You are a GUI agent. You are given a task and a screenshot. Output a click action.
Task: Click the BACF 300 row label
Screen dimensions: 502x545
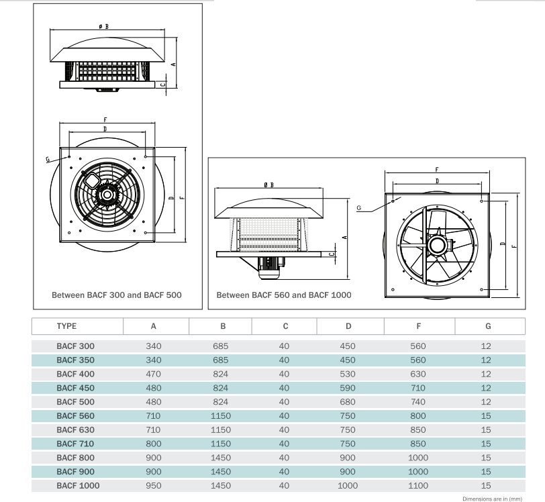(x=75, y=346)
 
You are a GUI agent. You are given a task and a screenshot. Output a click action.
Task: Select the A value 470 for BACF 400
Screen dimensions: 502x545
(x=153, y=374)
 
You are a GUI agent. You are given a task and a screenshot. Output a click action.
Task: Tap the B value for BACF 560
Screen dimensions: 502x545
(x=220, y=416)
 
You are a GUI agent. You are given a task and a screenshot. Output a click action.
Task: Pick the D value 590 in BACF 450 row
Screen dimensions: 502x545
(x=348, y=388)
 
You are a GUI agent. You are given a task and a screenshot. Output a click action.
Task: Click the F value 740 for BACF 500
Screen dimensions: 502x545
(x=419, y=402)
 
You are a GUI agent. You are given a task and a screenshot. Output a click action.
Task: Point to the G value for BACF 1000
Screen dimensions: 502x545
(x=486, y=486)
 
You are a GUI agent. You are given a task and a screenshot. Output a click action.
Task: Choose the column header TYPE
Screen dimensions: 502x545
(x=66, y=326)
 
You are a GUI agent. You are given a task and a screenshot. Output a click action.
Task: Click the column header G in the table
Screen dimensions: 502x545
(x=488, y=326)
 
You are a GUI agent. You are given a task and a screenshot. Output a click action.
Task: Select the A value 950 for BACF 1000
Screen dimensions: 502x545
(x=153, y=486)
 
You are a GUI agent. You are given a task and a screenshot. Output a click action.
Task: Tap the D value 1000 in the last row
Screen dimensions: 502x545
(x=348, y=486)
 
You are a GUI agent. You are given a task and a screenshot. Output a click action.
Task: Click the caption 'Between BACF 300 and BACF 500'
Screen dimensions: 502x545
(x=117, y=295)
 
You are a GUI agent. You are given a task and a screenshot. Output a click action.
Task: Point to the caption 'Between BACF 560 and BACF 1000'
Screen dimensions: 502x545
(x=284, y=295)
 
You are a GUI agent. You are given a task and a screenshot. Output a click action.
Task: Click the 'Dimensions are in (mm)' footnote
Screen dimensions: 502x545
(x=492, y=499)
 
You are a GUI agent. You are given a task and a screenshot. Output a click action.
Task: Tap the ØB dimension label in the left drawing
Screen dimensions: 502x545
(x=103, y=26)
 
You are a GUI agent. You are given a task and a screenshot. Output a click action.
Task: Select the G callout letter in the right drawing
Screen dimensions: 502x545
(x=359, y=208)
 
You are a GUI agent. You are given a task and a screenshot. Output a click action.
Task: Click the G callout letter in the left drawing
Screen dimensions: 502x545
(x=48, y=160)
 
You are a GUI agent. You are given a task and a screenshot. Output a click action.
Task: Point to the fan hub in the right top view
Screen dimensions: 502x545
(x=437, y=242)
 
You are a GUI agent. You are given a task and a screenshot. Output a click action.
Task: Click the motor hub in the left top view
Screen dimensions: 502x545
(x=105, y=195)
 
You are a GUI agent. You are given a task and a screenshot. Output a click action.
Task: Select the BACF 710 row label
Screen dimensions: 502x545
(x=75, y=444)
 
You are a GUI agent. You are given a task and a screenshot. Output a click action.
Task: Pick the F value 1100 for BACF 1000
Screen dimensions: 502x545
(x=419, y=486)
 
